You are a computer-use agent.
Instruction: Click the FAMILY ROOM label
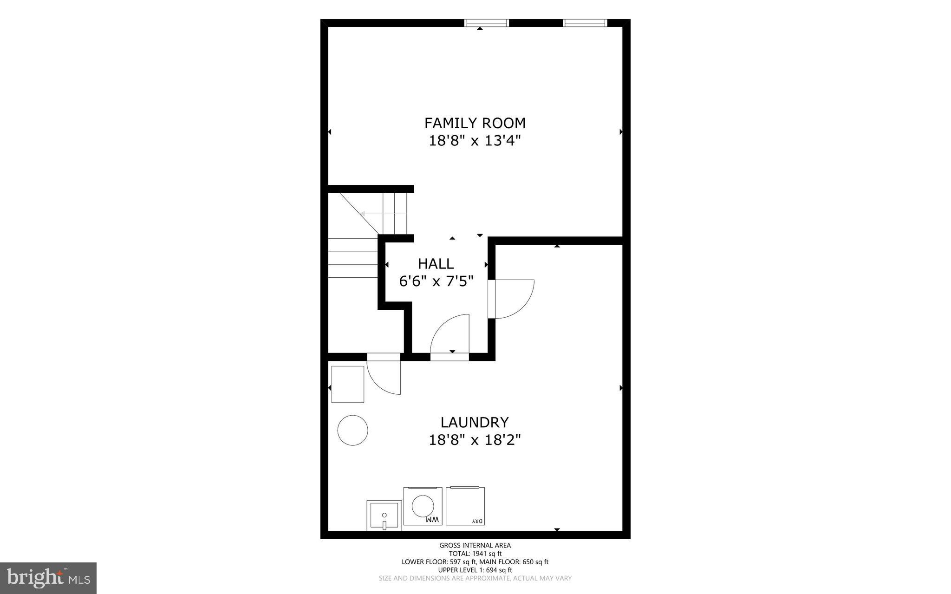(x=475, y=123)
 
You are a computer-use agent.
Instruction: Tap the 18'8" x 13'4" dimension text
(x=475, y=140)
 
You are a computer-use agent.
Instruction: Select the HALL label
(x=436, y=264)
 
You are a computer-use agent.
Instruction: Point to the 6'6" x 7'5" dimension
(x=436, y=281)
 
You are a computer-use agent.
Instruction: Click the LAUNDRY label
(x=475, y=422)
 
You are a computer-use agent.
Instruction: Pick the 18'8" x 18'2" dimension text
(x=475, y=440)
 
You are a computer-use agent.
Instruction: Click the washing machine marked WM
(x=423, y=506)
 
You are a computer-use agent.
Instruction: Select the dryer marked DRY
(x=465, y=506)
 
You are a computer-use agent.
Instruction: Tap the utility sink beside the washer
(x=384, y=515)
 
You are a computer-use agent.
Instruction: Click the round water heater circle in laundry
(x=353, y=431)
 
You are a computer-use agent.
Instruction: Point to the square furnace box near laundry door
(x=347, y=384)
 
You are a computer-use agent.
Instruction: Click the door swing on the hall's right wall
(x=513, y=299)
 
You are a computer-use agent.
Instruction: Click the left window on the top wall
(x=487, y=23)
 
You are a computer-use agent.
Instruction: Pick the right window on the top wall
(x=585, y=23)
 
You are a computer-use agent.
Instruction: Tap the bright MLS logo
(x=48, y=578)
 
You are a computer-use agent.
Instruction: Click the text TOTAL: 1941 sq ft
(x=475, y=554)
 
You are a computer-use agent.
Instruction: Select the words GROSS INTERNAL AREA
(x=475, y=545)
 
